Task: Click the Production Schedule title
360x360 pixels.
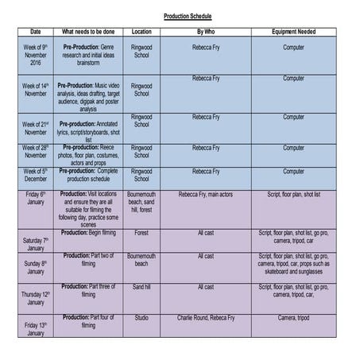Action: coord(188,15)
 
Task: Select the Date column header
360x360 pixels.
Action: coord(36,32)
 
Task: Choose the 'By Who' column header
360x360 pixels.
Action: coord(206,32)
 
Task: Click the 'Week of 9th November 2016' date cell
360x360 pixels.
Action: coord(36,56)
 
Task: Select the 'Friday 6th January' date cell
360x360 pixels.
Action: coord(36,199)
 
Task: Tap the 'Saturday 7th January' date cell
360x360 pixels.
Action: coord(36,243)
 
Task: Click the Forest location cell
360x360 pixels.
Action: coord(141,234)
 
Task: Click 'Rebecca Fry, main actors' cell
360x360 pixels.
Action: coord(206,194)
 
